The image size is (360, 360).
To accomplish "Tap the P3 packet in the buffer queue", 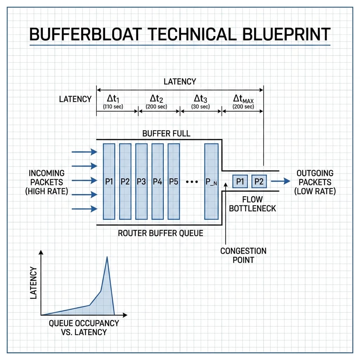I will (141, 182).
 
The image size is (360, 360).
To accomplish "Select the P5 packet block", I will (174, 182).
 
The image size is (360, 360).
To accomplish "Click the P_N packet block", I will (211, 182).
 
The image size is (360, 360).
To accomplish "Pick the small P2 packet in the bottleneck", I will (259, 181).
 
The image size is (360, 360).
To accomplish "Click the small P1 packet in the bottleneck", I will (240, 181).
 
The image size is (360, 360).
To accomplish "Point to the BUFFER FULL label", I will (166, 134).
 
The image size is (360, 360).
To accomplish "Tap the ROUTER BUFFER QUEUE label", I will (160, 233).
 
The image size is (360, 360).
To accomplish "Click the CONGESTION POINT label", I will (243, 255).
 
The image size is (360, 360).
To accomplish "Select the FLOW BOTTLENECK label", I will (252, 204).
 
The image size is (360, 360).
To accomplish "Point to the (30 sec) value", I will (200, 107).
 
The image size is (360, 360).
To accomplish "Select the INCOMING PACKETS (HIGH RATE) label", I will (46, 182).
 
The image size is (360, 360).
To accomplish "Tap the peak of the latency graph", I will (107, 257).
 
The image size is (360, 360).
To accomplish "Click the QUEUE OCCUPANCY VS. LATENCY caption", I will (84, 327).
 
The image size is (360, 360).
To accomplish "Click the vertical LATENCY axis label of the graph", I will (33, 283).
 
